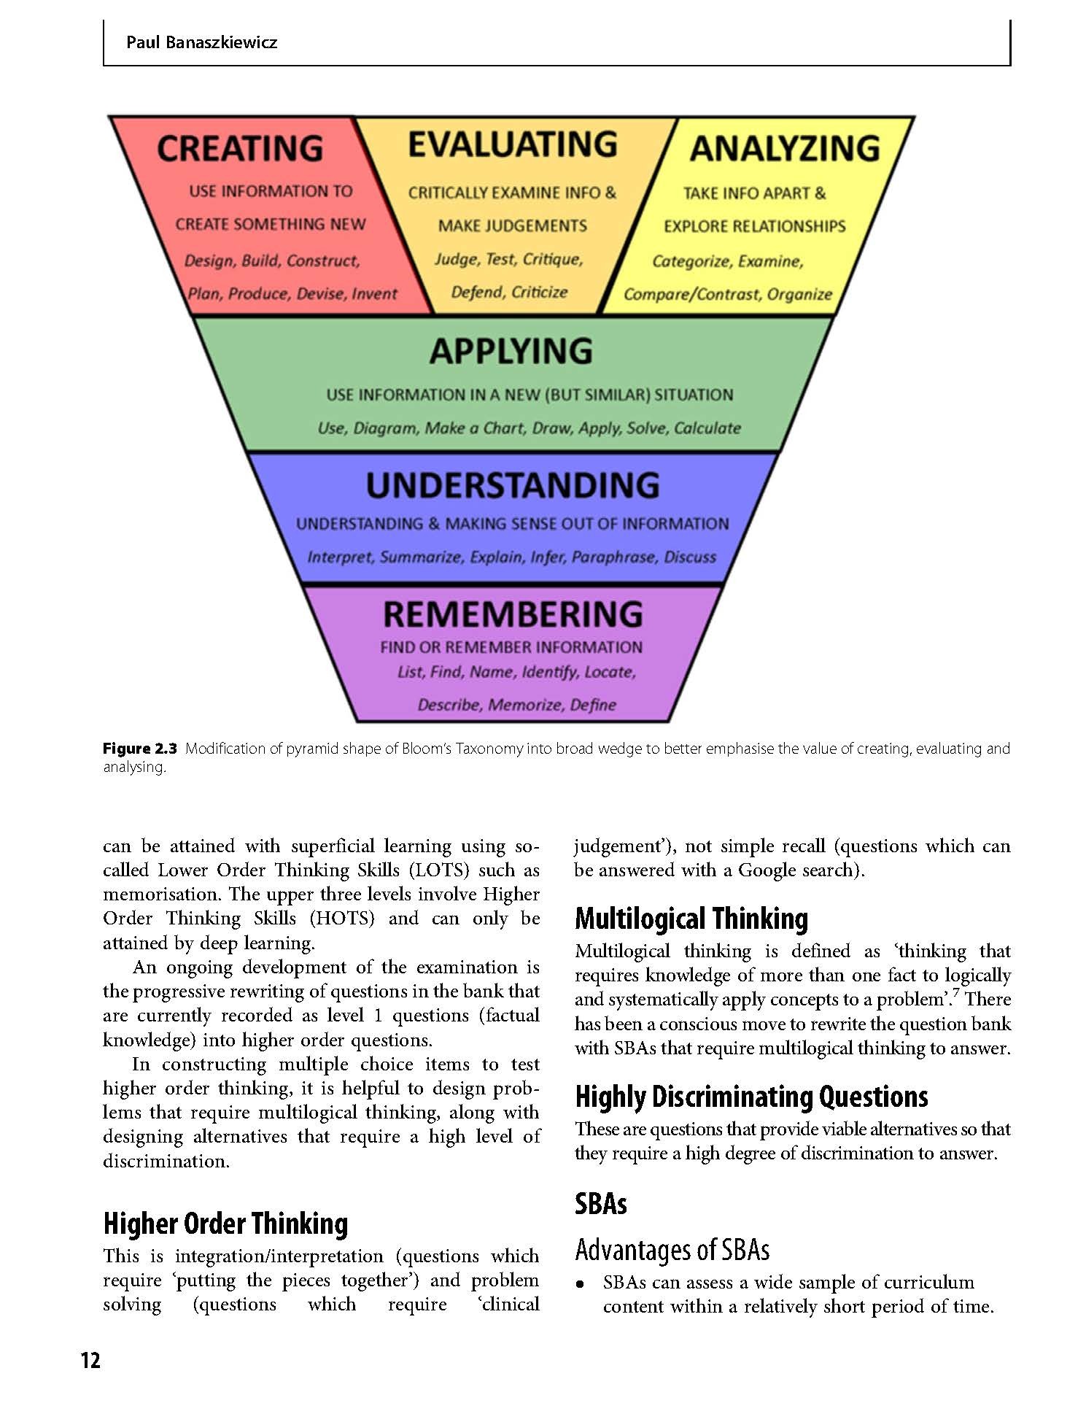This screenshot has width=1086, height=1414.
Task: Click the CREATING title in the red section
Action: [240, 148]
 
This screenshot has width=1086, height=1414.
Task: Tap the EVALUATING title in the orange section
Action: [513, 144]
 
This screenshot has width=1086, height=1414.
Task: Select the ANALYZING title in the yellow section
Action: [785, 148]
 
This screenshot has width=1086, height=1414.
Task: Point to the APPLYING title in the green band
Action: [511, 351]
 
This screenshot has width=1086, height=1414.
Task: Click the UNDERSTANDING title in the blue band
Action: [513, 485]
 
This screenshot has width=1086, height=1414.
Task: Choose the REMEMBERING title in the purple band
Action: [513, 614]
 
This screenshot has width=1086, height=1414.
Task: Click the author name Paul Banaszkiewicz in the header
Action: [201, 42]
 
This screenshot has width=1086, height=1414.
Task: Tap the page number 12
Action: [90, 1360]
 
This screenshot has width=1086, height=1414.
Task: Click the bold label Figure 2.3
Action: [140, 749]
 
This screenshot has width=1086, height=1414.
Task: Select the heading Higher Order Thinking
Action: [225, 1224]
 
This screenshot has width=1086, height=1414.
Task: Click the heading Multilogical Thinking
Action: [691, 919]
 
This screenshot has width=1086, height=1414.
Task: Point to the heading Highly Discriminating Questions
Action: [751, 1097]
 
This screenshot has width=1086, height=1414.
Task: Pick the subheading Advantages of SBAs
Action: [672, 1250]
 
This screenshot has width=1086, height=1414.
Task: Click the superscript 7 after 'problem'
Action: [955, 994]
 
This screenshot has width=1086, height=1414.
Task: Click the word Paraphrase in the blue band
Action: [613, 557]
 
